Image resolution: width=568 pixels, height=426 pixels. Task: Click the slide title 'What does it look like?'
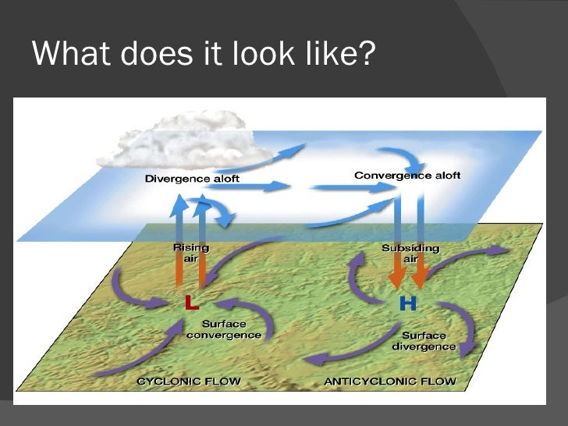click(x=204, y=54)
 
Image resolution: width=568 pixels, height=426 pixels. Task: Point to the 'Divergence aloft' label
click(x=192, y=179)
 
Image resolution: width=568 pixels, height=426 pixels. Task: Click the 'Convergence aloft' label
click(x=406, y=176)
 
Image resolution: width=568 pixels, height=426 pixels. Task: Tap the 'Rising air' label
click(x=190, y=254)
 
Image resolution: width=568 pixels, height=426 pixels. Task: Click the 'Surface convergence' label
click(x=224, y=329)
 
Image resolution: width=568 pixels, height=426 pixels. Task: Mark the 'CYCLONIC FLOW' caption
click(x=188, y=382)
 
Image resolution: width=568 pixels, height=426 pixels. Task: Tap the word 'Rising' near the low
click(x=190, y=248)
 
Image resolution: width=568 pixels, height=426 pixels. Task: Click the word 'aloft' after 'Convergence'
click(x=442, y=176)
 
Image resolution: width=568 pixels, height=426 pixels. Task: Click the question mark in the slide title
click(x=368, y=54)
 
